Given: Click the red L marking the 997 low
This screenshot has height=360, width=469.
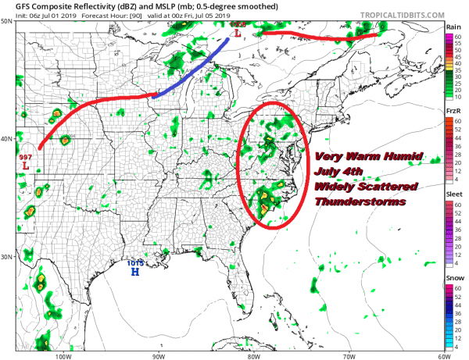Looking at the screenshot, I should [x=26, y=166].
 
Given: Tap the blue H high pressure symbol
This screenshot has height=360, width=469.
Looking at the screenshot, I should [x=134, y=273].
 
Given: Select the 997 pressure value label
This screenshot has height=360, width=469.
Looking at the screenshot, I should [x=25, y=157].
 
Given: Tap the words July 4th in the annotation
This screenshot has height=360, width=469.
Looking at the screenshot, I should [x=342, y=172].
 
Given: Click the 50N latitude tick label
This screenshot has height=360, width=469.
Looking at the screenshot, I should [x=6, y=21].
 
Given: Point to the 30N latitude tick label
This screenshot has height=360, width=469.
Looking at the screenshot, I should [x=6, y=257].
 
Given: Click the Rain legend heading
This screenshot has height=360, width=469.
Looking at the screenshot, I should [x=453, y=27].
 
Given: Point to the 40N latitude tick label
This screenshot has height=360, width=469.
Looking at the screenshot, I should [x=6, y=139].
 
